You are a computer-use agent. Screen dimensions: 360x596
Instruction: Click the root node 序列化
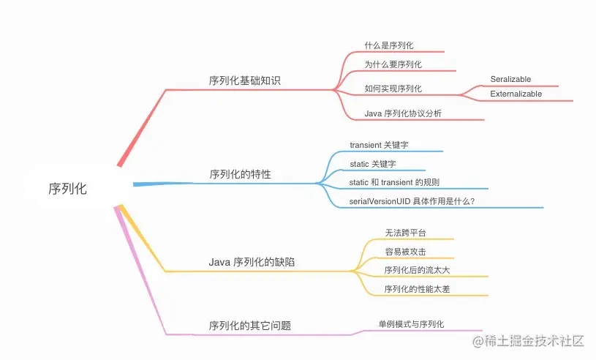[x=67, y=188]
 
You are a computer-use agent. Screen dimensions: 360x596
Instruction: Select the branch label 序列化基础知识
[x=244, y=80]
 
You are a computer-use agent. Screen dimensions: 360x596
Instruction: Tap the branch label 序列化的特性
[x=240, y=174]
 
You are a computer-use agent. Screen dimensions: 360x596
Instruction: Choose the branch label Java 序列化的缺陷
[x=252, y=262]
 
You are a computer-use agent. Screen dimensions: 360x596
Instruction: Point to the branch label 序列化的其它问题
[x=250, y=325]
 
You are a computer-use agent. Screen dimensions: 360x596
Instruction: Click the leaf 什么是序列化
[x=394, y=45]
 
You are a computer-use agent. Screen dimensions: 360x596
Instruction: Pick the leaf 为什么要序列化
[x=393, y=64]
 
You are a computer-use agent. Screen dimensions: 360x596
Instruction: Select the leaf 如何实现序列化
[x=393, y=89]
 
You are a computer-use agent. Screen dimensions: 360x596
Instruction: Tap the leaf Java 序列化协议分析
[x=403, y=113]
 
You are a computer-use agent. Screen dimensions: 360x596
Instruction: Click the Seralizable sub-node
[x=510, y=79]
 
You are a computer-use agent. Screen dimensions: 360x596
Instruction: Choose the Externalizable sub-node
[x=516, y=94]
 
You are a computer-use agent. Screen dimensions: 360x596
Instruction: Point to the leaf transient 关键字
[x=384, y=145]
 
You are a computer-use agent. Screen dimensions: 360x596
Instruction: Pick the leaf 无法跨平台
[x=405, y=233]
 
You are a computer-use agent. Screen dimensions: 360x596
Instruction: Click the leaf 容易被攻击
[x=405, y=252]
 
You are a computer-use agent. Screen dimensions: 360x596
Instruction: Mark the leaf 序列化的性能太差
[x=418, y=289]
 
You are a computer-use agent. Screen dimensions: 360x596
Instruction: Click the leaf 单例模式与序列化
[x=411, y=323]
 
